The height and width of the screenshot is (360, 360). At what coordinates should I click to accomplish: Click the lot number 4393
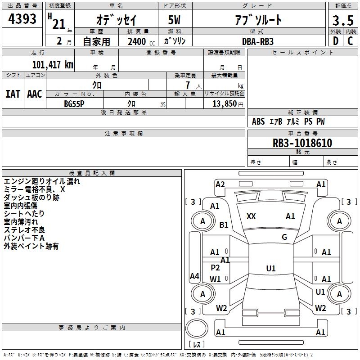pos(22,19)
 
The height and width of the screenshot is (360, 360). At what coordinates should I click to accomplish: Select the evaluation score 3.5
pos(343,21)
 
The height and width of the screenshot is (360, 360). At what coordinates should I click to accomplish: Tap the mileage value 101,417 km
pos(53,64)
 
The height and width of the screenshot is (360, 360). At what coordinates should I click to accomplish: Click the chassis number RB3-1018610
pos(302,143)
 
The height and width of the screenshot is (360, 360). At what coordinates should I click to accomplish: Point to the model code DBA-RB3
pos(258,41)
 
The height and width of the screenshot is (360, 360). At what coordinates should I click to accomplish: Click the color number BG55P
pos(74,104)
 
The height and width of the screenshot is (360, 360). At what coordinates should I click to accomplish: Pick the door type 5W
pos(174,20)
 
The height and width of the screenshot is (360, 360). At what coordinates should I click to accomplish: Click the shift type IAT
pos(13,94)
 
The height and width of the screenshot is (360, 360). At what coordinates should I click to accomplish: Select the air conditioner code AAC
pos(35,94)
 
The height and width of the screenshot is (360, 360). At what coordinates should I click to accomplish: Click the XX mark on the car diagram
pos(251,216)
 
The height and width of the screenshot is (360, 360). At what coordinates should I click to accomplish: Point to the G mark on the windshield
pos(284,237)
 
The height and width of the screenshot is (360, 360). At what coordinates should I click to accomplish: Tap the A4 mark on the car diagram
pos(194,276)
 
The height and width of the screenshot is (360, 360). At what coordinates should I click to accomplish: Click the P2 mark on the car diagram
pos(215,267)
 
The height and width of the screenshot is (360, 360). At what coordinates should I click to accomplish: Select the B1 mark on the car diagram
pos(224,225)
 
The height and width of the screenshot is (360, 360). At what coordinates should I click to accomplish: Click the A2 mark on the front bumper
pos(220,184)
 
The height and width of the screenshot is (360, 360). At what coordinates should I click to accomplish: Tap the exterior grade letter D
pos(336,41)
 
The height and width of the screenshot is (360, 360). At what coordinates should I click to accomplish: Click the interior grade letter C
pos(350,41)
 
